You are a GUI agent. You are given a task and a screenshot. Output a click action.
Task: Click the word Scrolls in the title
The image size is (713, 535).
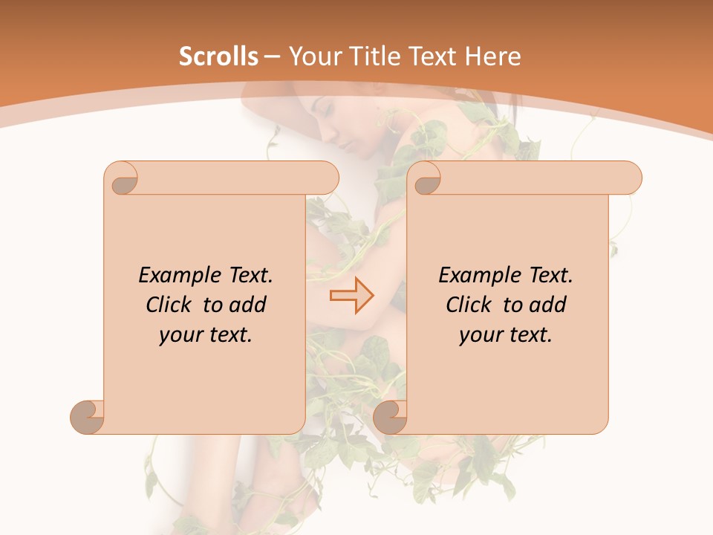(x=219, y=56)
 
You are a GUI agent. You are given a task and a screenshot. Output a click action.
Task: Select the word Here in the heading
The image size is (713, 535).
(x=494, y=56)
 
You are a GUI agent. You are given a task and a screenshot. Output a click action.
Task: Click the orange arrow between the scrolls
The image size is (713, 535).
(x=351, y=295)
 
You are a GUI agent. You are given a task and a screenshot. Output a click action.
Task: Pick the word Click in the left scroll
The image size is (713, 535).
(x=171, y=305)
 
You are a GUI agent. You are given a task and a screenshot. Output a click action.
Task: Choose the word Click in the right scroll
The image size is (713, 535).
(x=471, y=305)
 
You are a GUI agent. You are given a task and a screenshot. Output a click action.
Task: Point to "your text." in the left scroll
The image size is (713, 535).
(x=206, y=335)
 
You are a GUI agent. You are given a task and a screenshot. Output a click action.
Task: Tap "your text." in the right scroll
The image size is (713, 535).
(x=506, y=335)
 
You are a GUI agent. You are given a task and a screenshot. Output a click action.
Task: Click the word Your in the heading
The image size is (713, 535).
(x=312, y=56)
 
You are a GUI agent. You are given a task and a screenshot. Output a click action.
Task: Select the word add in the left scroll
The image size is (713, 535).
(x=248, y=305)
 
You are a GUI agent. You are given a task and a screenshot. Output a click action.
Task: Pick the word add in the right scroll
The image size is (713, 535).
(x=548, y=305)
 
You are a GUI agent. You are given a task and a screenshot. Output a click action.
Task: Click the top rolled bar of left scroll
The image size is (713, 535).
(x=238, y=178)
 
